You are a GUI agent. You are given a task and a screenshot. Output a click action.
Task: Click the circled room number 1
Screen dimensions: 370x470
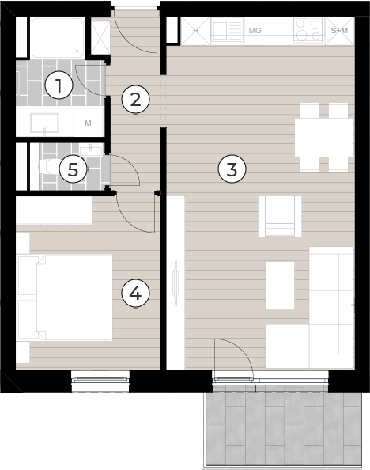click(x=59, y=85)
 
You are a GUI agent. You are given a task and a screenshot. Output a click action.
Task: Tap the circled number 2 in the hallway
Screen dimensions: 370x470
click(x=135, y=100)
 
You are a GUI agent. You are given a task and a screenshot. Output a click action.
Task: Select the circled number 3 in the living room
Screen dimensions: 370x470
click(x=232, y=169)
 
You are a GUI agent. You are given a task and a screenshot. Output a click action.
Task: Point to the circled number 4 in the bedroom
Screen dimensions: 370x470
click(x=135, y=294)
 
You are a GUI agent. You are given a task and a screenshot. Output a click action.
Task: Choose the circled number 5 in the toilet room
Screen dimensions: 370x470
click(x=73, y=169)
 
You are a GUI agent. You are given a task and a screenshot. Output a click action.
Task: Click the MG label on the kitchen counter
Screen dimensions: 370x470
click(x=255, y=31)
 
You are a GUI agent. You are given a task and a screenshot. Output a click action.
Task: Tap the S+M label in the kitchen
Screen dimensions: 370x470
click(x=339, y=31)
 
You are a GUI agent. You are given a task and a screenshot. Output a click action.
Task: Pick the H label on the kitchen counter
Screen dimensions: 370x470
click(x=195, y=31)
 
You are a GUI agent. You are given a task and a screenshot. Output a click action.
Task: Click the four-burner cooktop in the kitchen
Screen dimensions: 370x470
click(x=308, y=29)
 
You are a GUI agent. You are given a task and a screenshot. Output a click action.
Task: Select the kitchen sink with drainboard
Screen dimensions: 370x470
click(x=227, y=29)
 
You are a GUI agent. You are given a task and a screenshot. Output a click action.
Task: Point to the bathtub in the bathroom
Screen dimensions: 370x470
click(x=58, y=38)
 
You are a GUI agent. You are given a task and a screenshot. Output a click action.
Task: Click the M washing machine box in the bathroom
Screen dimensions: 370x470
click(x=89, y=123)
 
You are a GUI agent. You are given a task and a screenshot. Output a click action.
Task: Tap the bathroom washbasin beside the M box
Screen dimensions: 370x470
click(x=44, y=123)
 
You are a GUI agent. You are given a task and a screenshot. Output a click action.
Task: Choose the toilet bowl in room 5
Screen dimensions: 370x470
click(x=49, y=166)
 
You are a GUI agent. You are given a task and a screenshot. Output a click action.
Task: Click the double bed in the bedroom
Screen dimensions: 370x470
click(x=65, y=298)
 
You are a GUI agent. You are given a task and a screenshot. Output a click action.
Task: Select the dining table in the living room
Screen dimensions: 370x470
click(x=323, y=138)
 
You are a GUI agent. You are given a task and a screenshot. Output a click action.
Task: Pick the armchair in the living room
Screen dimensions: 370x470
click(x=280, y=216)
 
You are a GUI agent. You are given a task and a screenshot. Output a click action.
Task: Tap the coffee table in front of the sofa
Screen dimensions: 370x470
click(x=280, y=286)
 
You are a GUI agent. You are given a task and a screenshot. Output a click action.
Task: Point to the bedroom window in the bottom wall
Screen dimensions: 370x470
click(x=100, y=380)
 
